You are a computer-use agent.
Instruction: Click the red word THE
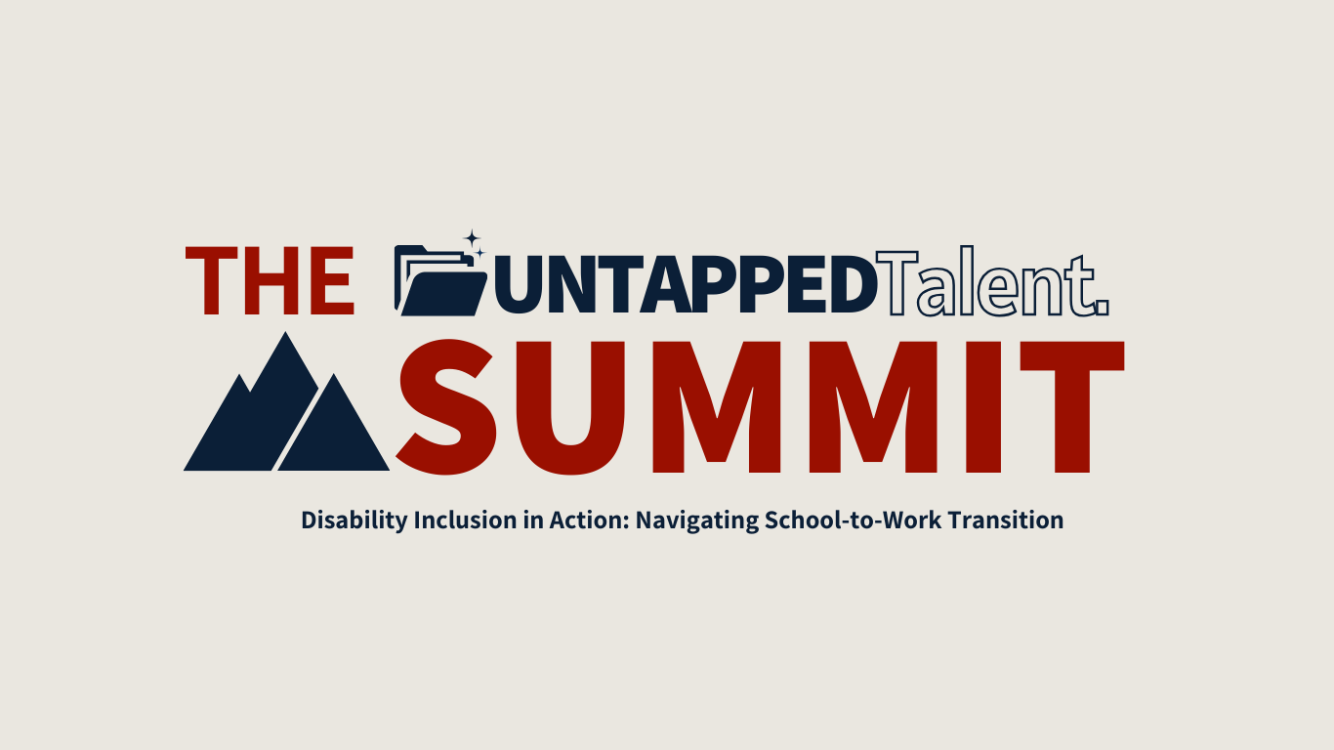click(271, 281)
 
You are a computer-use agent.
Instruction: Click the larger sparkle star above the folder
click(472, 238)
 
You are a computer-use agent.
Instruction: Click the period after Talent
click(1102, 310)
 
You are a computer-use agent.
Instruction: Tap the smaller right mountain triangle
click(335, 430)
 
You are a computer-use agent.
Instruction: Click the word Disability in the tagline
click(354, 521)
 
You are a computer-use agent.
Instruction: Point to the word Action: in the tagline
click(592, 521)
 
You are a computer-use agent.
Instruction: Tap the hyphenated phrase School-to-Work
click(855, 521)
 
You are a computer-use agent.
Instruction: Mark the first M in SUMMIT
click(719, 406)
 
